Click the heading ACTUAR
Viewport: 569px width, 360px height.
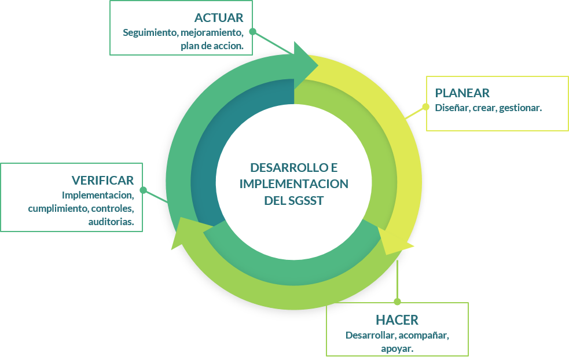tap(218, 18)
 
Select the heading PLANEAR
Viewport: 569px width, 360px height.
tap(462, 93)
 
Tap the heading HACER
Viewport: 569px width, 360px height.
tap(397, 320)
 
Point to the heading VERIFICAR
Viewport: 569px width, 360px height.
tap(102, 181)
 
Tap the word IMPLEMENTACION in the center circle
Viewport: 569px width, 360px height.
tap(293, 184)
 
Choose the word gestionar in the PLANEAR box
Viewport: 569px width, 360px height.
tap(520, 108)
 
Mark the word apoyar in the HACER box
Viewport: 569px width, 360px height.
tap(397, 348)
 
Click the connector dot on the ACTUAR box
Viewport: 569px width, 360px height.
tap(252, 31)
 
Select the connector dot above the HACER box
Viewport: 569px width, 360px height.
tap(397, 302)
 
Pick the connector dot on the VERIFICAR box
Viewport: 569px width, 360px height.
tap(143, 190)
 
